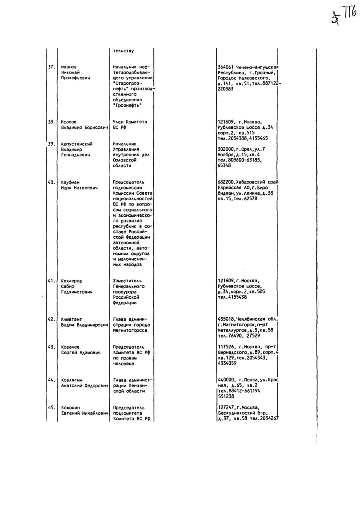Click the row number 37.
point(51,67)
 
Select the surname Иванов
point(69,67)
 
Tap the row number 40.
point(51,182)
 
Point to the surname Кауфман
point(70,182)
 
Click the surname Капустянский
point(77,144)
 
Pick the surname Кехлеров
point(71,281)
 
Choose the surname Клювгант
point(71,319)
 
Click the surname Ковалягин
point(72,380)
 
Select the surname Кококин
point(70,407)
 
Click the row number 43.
point(51,347)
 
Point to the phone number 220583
point(226,89)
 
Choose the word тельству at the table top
point(123,51)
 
